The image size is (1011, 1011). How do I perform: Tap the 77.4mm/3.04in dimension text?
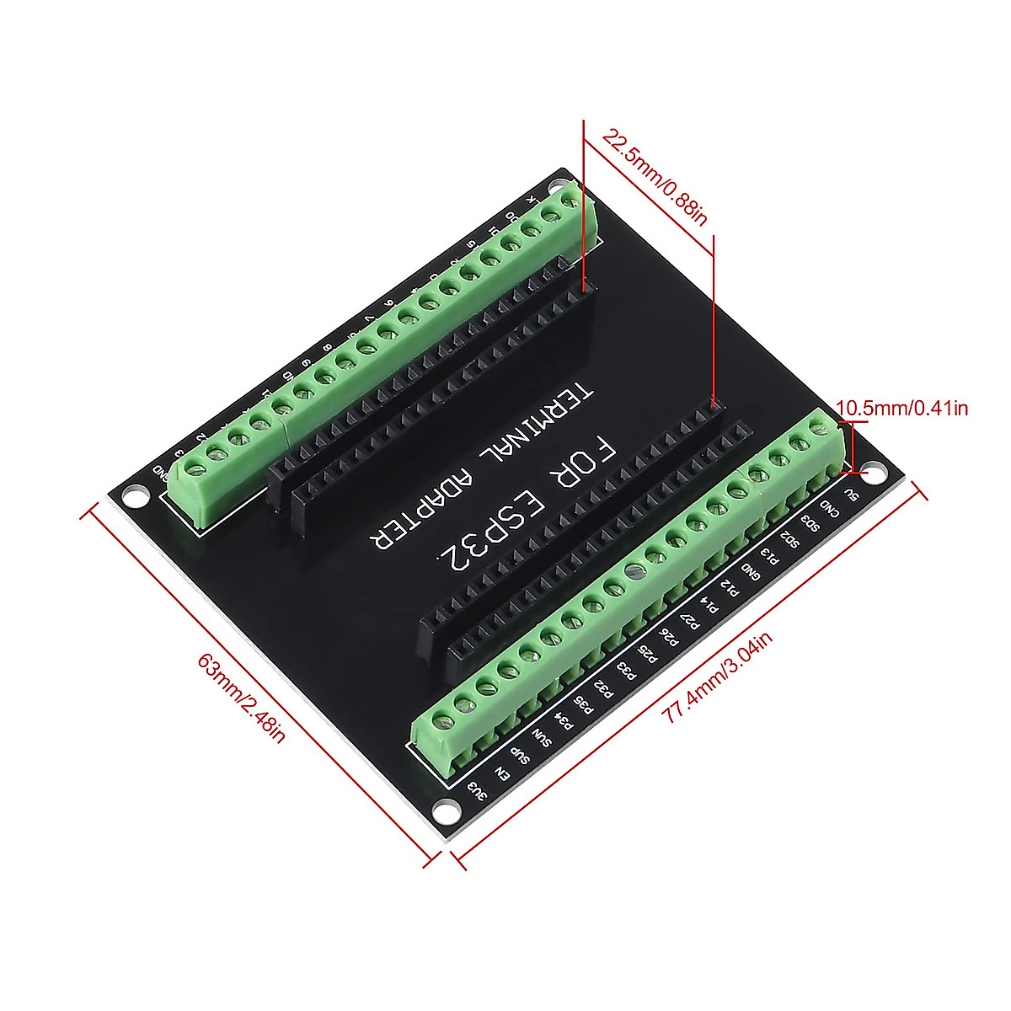pyautogui.click(x=717, y=679)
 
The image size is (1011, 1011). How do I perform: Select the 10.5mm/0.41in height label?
pyautogui.click(x=902, y=409)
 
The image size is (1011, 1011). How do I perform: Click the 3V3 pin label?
pyautogui.click(x=478, y=793)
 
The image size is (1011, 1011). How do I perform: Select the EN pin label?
pyautogui.click(x=501, y=773)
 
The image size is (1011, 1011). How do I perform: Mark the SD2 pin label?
pyautogui.click(x=789, y=538)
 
